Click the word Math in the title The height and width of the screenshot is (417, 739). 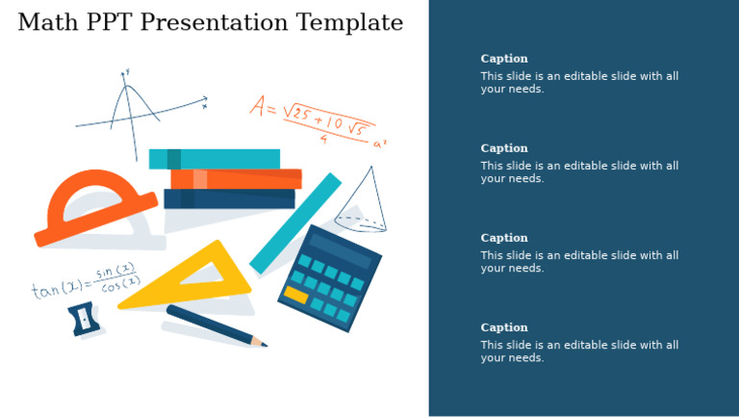[x=43, y=22]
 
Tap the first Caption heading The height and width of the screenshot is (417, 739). [x=504, y=59]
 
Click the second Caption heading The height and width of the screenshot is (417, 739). [x=504, y=148]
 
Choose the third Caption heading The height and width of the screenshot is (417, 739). [x=504, y=238]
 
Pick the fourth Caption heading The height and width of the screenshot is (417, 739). [x=504, y=327]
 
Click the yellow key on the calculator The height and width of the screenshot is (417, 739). [x=295, y=295]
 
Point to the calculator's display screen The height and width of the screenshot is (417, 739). [x=340, y=251]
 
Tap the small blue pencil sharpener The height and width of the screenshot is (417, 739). [x=84, y=319]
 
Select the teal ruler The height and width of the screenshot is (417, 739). [x=295, y=223]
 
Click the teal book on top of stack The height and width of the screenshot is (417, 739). [x=215, y=159]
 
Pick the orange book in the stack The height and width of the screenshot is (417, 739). [x=236, y=179]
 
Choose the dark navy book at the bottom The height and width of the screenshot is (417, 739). [x=229, y=198]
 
